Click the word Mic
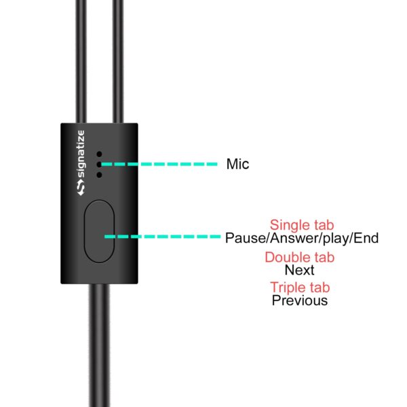[x=237, y=163]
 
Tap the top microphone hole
[x=99, y=154]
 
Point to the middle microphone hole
[x=99, y=164]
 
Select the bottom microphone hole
[x=99, y=175]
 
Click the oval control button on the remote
[x=100, y=231]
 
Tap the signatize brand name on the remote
[x=81, y=154]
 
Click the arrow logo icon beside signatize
[x=81, y=188]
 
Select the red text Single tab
[x=302, y=225]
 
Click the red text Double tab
[x=300, y=257]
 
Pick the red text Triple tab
[x=300, y=288]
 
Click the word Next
[x=299, y=270]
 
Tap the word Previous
[x=300, y=301]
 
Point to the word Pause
[x=246, y=238]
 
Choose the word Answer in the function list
[x=295, y=238]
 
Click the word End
[x=366, y=238]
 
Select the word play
[x=336, y=239]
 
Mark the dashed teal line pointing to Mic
[x=159, y=164]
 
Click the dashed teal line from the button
[x=163, y=237]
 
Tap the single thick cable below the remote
[x=100, y=345]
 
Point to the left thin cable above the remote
[x=81, y=62]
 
